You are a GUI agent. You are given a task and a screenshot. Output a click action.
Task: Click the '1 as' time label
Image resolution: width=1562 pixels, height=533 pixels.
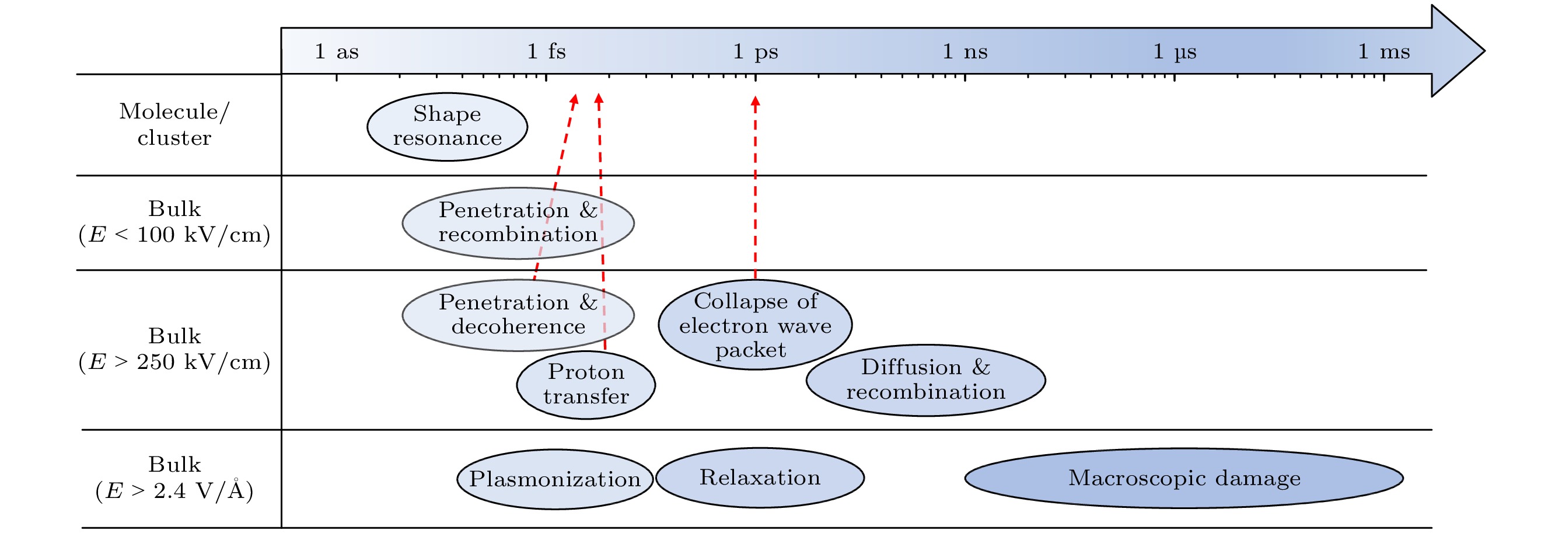click(337, 51)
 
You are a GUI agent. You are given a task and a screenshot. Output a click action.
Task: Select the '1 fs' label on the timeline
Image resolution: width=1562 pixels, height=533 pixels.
click(546, 51)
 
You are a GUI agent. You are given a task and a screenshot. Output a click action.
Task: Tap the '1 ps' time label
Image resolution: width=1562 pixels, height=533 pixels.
click(756, 51)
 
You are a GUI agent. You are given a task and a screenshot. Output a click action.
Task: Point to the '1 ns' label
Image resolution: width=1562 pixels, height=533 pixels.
click(965, 51)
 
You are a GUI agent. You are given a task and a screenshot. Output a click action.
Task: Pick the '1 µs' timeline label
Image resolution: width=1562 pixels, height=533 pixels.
click(1175, 51)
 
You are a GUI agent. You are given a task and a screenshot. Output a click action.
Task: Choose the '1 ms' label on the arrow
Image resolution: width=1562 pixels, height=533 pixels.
click(1383, 51)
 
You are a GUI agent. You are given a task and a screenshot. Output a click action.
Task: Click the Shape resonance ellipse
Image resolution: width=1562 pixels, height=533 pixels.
click(448, 127)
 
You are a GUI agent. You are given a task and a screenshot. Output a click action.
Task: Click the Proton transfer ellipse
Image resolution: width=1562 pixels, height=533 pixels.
click(586, 385)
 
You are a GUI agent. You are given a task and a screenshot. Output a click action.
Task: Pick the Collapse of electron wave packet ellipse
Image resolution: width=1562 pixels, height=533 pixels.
click(755, 325)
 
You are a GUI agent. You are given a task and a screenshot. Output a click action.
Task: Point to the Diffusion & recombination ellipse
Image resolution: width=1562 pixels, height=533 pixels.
click(925, 380)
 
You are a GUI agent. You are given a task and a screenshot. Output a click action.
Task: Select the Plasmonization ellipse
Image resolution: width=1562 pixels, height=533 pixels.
click(555, 479)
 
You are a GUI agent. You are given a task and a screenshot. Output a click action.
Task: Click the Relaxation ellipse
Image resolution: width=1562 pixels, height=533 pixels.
click(760, 478)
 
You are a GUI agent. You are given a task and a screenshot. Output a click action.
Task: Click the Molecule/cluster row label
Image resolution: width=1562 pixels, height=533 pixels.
click(174, 125)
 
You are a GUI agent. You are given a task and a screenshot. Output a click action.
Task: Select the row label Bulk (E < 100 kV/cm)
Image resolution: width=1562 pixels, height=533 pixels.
click(174, 222)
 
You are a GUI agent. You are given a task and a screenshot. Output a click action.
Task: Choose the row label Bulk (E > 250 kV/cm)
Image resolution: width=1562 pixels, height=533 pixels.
click(174, 349)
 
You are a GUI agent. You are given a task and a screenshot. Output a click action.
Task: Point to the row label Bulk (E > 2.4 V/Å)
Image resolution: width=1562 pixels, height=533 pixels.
click(174, 478)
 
